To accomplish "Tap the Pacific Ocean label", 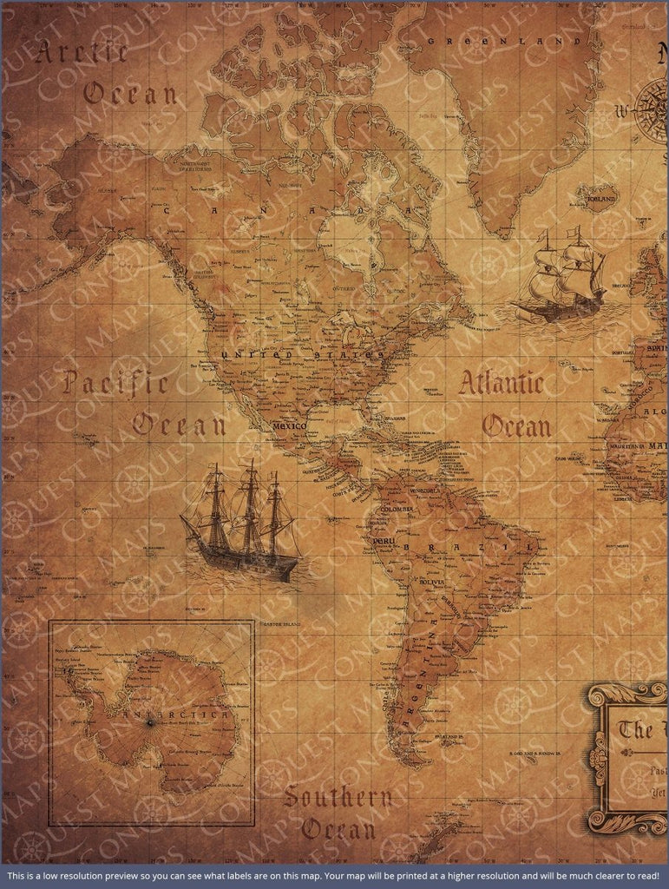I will tap(143, 404).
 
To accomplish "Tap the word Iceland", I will tap(601, 199).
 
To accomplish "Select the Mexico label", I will tap(289, 427).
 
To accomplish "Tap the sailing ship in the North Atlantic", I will tap(561, 275).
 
